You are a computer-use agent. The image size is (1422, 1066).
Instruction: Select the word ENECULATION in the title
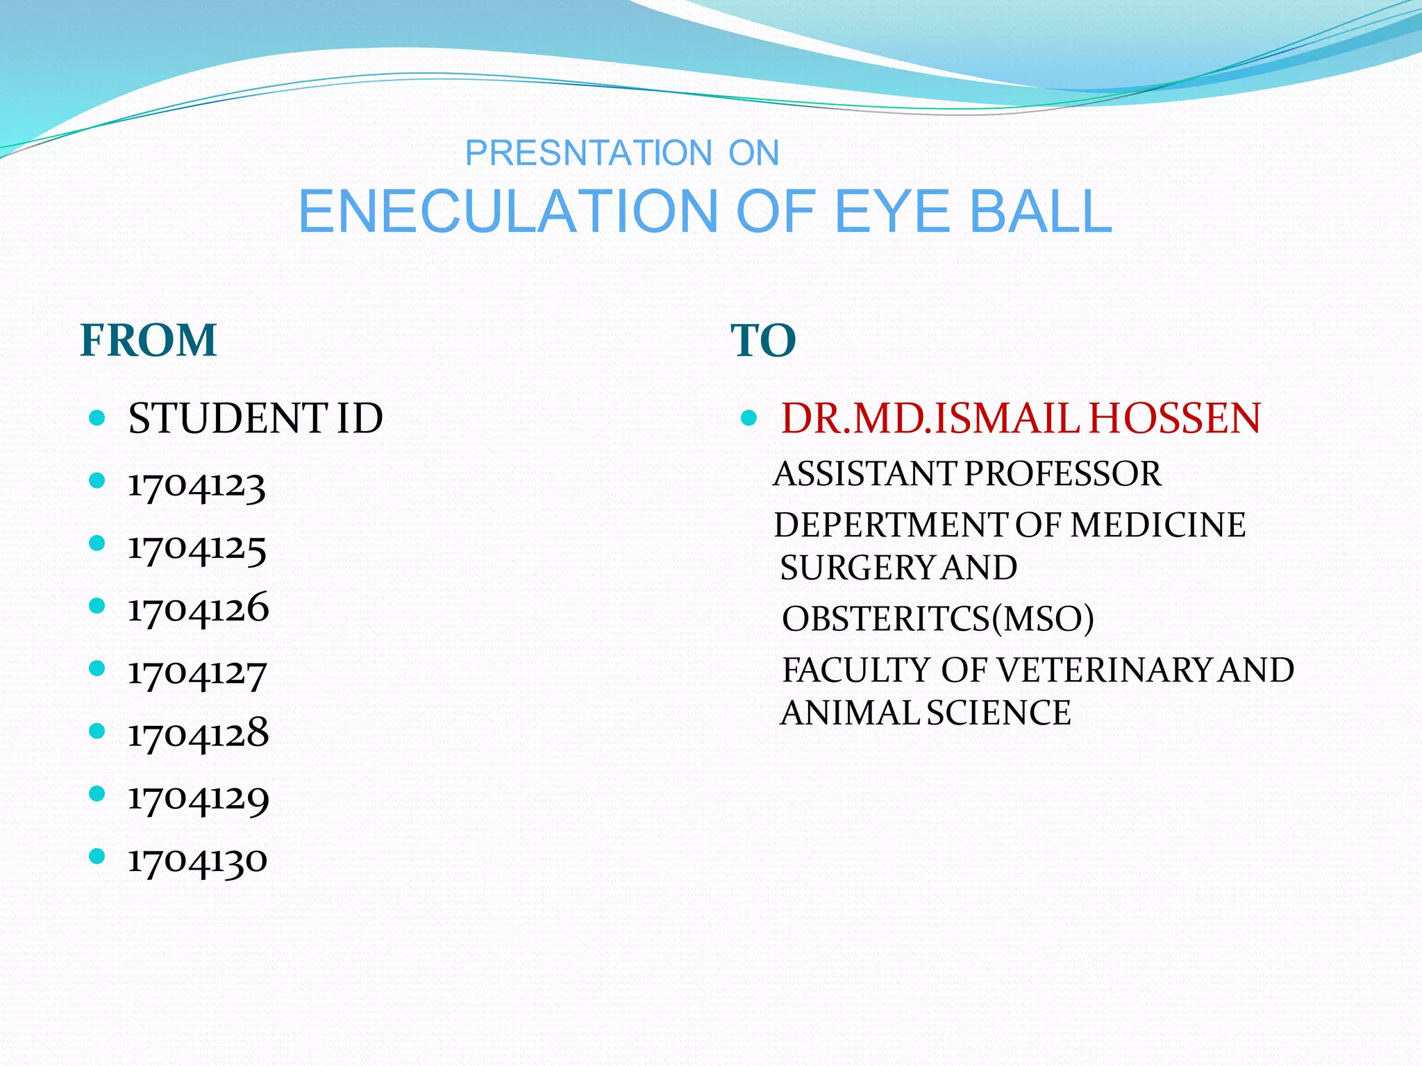(508, 212)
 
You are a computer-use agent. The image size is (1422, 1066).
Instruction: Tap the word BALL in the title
(1041, 212)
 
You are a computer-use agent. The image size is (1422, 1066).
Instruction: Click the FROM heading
(149, 341)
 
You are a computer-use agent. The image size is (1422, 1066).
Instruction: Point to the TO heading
(763, 341)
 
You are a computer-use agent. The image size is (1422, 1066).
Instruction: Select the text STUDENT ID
(256, 418)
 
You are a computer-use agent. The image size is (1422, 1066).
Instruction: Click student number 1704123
(196, 485)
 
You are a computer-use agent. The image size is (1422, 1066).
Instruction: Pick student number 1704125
(197, 548)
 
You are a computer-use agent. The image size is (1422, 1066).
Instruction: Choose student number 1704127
(197, 672)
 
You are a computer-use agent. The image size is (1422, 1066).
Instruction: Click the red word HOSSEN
(1174, 418)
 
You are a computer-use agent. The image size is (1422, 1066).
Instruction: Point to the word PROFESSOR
(1062, 474)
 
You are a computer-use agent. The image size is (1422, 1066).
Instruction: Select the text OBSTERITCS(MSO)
(937, 618)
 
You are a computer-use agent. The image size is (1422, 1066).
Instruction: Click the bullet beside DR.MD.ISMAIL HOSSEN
(748, 418)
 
